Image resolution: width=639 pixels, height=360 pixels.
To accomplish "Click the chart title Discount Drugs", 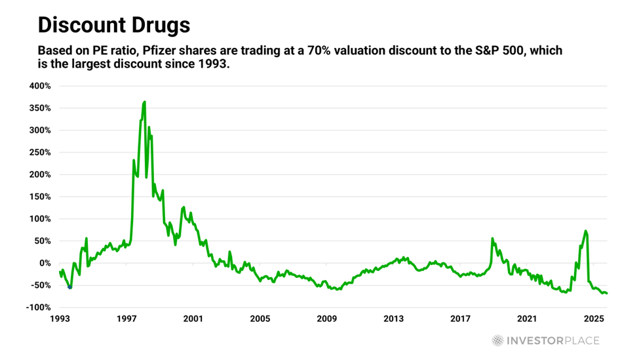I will coord(113,26).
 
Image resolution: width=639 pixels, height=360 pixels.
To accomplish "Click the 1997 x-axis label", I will coord(126,319).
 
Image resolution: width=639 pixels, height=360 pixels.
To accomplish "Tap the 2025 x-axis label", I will coord(593,319).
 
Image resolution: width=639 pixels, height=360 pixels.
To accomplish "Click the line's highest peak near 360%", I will coord(144,102).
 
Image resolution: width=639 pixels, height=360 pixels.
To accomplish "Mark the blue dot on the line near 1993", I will coord(70,287).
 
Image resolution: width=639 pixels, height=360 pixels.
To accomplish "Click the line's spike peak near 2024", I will coord(585,231).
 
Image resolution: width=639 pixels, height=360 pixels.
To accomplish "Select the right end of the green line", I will coord(607,293).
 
